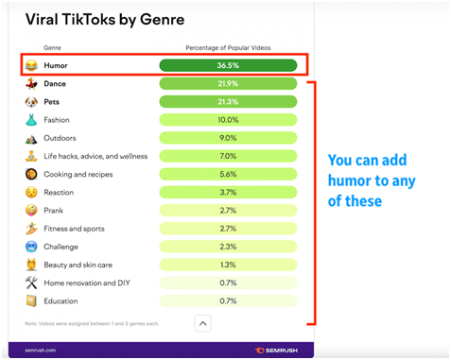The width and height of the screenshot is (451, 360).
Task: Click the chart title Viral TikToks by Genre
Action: (104, 19)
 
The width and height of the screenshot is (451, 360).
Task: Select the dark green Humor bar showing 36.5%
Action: (228, 66)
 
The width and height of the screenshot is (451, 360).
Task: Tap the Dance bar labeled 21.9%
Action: (228, 84)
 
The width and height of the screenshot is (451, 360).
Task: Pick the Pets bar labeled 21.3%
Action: (228, 102)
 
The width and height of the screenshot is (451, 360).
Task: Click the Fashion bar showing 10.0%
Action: (228, 120)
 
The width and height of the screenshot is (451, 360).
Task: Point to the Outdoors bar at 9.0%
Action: (228, 138)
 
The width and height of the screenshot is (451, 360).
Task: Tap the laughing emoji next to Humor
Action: (31, 66)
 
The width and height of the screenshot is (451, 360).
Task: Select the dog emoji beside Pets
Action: (31, 102)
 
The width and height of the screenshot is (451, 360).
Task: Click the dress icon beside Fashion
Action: (31, 120)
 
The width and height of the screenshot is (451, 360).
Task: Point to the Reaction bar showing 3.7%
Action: (228, 192)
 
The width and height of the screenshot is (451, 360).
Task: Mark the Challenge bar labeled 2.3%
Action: (228, 247)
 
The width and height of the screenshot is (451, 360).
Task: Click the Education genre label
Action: (61, 300)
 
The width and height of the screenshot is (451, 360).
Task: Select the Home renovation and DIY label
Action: (87, 283)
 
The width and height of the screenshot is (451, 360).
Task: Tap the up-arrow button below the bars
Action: (202, 323)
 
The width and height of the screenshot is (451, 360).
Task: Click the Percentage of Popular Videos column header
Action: (228, 46)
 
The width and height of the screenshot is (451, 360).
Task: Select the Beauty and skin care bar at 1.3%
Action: (228, 265)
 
